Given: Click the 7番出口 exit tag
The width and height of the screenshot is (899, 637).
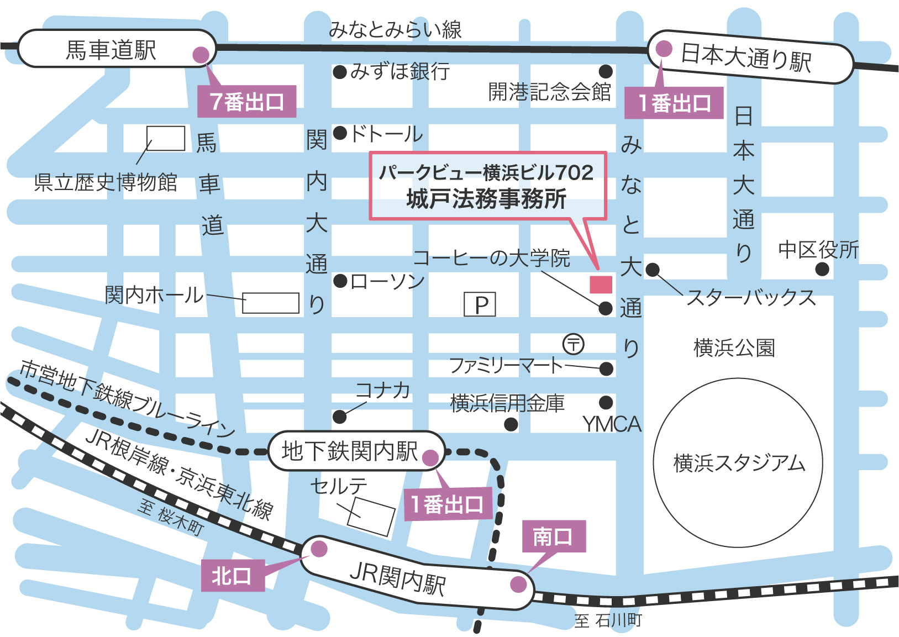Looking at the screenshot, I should coord(246,102).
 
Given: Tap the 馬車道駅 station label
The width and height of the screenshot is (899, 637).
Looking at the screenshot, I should coord(111,50).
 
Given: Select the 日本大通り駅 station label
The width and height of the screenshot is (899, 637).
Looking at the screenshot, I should coord(746,57).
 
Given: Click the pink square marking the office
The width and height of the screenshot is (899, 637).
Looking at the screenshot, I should coord(601,284).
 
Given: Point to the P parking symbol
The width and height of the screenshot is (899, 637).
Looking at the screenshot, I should coord(480,304).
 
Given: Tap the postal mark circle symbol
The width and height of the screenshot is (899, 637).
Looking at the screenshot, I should coord(573,344).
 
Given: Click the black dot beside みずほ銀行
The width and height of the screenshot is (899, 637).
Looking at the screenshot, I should coord(340,72).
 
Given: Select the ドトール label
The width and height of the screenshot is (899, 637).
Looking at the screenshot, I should coord(386,134).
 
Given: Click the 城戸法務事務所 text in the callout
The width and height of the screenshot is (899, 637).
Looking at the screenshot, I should coord(486,199).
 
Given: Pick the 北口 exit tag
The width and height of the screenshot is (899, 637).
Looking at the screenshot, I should coord(232,576).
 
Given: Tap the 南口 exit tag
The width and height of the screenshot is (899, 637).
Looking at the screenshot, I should coord(553,536).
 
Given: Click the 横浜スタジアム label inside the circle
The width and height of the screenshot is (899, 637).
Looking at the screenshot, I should coord(739,463).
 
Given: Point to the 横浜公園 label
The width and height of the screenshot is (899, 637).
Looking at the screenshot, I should coord(734,348).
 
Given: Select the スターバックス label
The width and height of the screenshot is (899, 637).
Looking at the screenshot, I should coord(751,297).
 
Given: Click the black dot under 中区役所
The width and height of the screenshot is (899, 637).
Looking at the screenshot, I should coord(822,269).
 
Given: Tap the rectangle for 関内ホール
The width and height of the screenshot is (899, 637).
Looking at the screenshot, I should coord(271,303).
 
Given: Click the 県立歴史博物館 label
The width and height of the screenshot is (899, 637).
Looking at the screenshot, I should coord(106,182).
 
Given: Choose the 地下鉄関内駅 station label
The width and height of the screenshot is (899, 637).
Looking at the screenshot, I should coord(349,451).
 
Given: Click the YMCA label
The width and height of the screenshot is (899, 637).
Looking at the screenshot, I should coord(612,424).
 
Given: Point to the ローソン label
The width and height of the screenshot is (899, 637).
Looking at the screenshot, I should coord(387,282).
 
